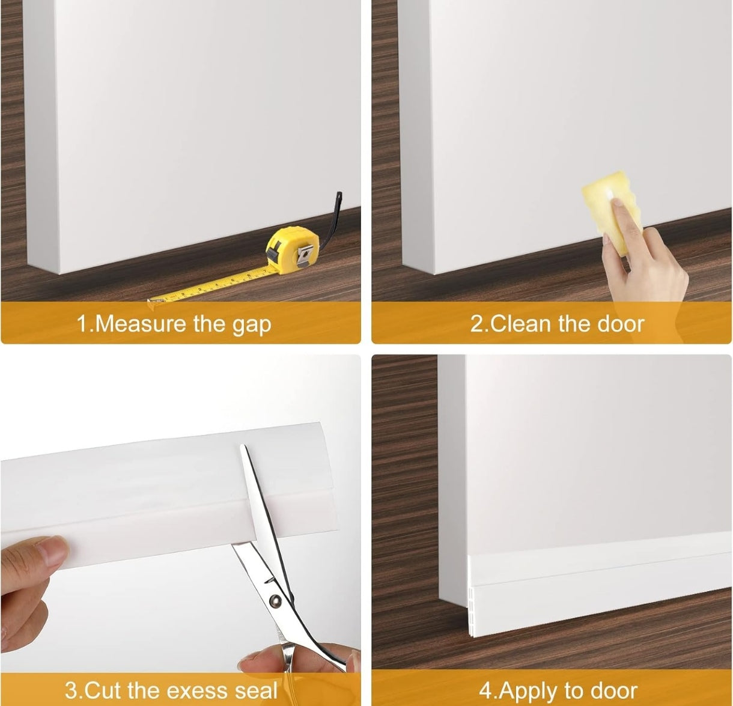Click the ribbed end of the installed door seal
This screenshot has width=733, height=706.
[472, 595]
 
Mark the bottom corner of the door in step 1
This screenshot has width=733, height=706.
[59, 274]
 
